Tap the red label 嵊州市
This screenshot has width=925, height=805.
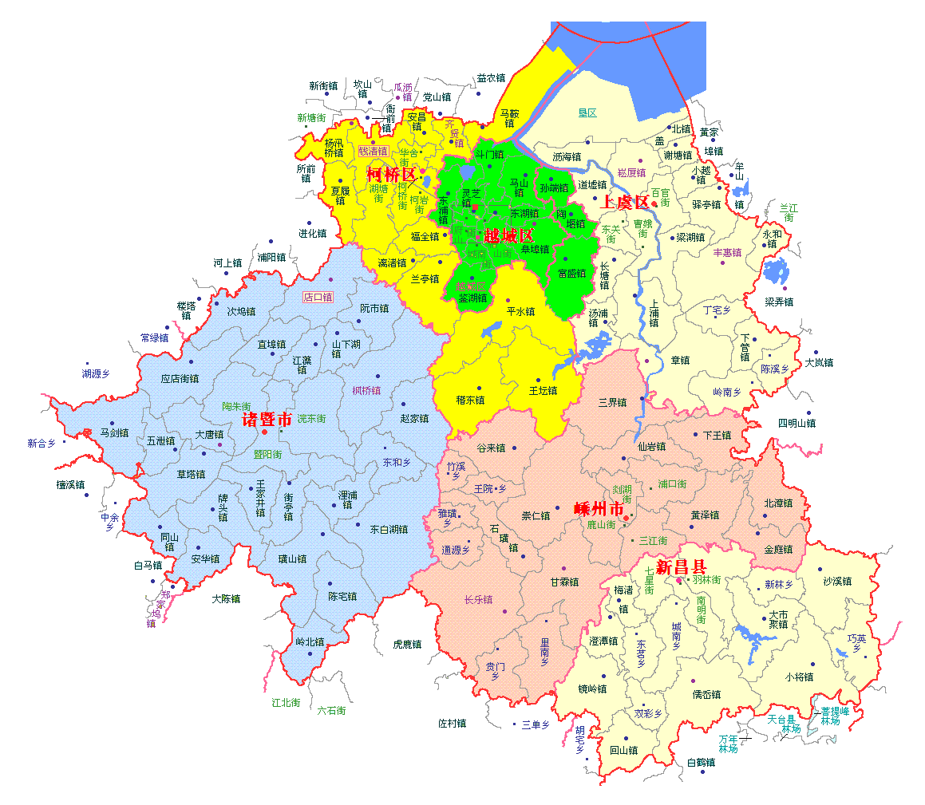(x=599, y=509)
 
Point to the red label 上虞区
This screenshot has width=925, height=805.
(x=625, y=202)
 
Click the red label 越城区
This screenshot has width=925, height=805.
(x=508, y=235)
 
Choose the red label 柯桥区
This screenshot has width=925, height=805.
(x=391, y=174)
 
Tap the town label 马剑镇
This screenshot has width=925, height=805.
(x=114, y=433)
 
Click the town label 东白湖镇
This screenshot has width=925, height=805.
(x=389, y=529)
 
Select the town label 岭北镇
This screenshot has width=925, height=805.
(x=310, y=641)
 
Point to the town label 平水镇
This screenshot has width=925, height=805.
(x=520, y=312)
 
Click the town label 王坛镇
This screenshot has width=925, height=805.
(x=543, y=391)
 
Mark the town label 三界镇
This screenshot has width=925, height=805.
(x=612, y=402)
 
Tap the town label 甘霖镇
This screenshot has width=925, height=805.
(x=564, y=582)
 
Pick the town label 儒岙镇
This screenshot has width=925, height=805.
(x=706, y=694)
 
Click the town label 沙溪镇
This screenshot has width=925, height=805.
(x=837, y=582)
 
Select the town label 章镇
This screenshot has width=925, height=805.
(x=680, y=360)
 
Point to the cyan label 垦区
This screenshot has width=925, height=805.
(x=587, y=113)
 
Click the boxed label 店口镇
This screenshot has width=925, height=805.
(x=318, y=297)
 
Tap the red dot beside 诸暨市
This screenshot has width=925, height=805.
(x=264, y=432)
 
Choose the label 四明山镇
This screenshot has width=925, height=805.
(x=797, y=423)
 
